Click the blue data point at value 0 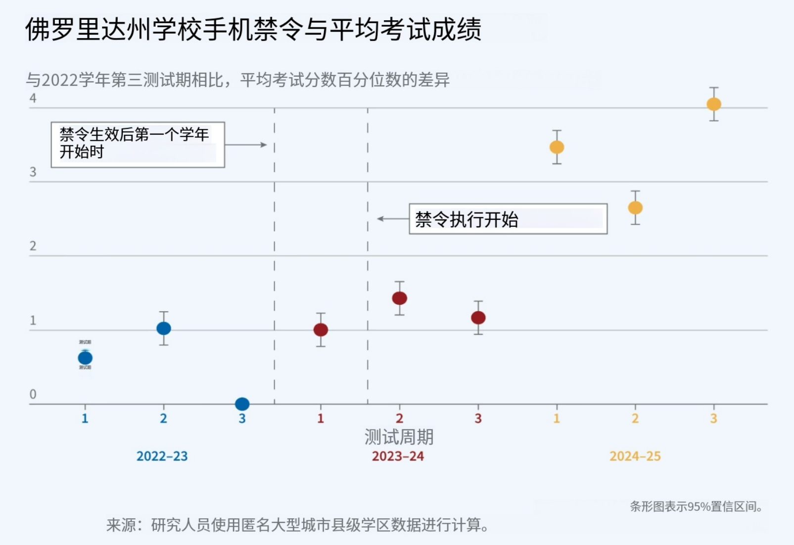(242, 404)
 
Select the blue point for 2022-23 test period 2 (164, 328)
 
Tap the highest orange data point (714, 104)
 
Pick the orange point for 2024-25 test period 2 (635, 208)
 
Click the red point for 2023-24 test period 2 (399, 298)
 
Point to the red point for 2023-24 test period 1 (321, 330)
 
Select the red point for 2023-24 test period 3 (478, 318)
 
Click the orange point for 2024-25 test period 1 (557, 147)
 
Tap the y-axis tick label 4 (33, 98)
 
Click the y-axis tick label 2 (33, 246)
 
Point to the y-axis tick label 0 (33, 394)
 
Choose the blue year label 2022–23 (162, 456)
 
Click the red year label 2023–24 (398, 456)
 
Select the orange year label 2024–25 (635, 456)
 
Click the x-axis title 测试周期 (399, 437)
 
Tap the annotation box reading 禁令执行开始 (508, 219)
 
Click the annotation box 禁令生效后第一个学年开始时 (138, 144)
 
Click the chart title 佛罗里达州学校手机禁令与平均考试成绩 (253, 29)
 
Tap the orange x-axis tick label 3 (713, 419)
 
